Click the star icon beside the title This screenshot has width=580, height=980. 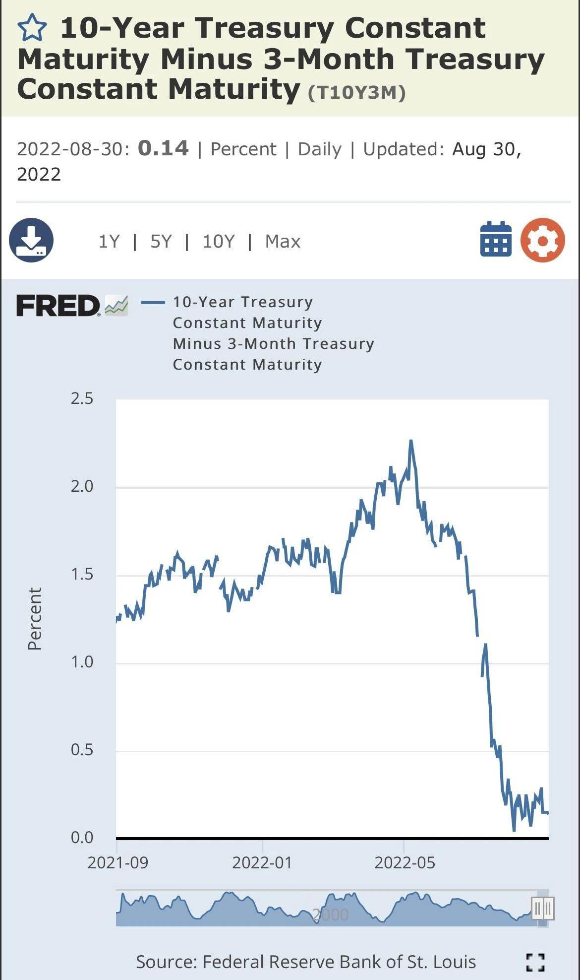click(x=32, y=28)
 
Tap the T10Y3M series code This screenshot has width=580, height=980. click(x=357, y=93)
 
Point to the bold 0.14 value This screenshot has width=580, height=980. click(x=163, y=148)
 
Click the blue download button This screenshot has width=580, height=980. click(x=31, y=240)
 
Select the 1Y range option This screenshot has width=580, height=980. click(x=109, y=242)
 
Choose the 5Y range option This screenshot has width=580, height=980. click(x=161, y=242)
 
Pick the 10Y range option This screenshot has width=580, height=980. click(x=219, y=242)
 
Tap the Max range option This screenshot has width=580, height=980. click(x=283, y=242)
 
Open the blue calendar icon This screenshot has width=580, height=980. click(x=496, y=239)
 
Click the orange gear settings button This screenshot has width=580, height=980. click(x=542, y=240)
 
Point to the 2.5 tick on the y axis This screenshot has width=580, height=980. click(x=82, y=398)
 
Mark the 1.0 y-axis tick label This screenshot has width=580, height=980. click(x=82, y=661)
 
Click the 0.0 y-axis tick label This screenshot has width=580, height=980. click(x=82, y=837)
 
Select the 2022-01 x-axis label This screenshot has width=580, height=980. click(x=262, y=862)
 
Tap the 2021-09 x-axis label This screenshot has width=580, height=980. click(x=117, y=862)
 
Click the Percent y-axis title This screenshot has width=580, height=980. click(x=35, y=618)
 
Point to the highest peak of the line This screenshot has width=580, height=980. click(x=411, y=441)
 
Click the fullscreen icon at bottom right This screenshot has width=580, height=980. click(x=535, y=962)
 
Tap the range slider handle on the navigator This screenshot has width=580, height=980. click(x=542, y=909)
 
